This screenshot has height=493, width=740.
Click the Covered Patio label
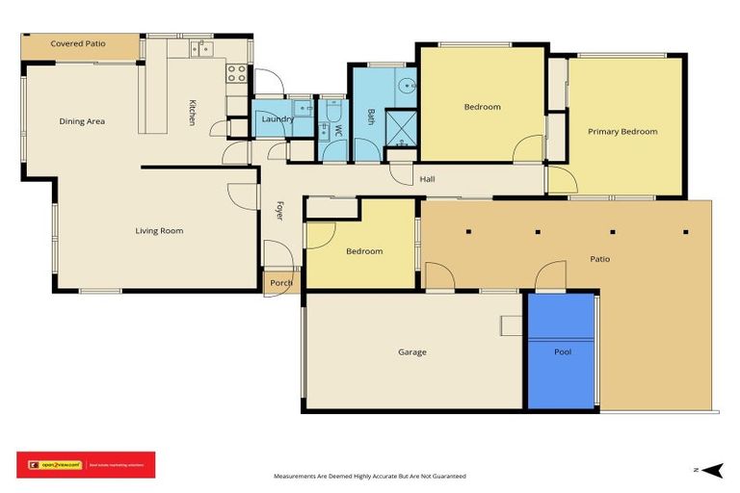[78, 43]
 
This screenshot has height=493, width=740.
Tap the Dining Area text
[82, 121]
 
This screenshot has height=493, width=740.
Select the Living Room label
[159, 231]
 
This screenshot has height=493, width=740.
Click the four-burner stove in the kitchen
[237, 73]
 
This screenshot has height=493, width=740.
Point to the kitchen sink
[200, 47]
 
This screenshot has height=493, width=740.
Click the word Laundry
[277, 119]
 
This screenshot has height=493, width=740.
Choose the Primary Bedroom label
[622, 132]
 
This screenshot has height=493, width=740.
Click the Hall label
[427, 179]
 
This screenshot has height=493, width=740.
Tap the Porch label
[280, 283]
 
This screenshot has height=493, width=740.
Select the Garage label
[411, 352]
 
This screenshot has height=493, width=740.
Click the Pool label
[563, 352]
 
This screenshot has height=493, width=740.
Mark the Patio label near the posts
[599, 259]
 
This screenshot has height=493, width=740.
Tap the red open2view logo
[85, 465]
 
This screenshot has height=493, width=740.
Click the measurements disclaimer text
[370, 477]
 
